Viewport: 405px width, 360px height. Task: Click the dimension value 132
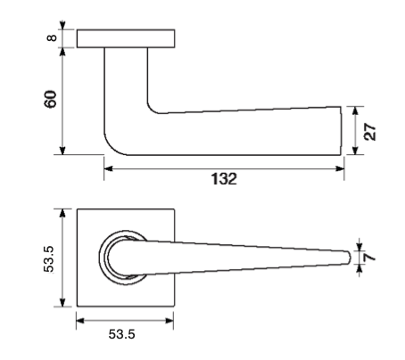click(224, 179)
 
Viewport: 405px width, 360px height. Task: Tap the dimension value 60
click(50, 99)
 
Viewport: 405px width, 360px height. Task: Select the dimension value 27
click(370, 131)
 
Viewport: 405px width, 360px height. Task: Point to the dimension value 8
click(52, 38)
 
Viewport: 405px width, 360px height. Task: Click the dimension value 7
click(370, 257)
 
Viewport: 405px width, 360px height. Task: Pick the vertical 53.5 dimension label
click(49, 258)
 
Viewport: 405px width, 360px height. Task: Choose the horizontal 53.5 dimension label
click(121, 334)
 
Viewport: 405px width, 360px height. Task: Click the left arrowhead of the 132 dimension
click(109, 168)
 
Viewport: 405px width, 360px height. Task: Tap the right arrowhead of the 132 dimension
click(340, 168)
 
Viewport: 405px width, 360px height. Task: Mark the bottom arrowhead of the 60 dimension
click(62, 151)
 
